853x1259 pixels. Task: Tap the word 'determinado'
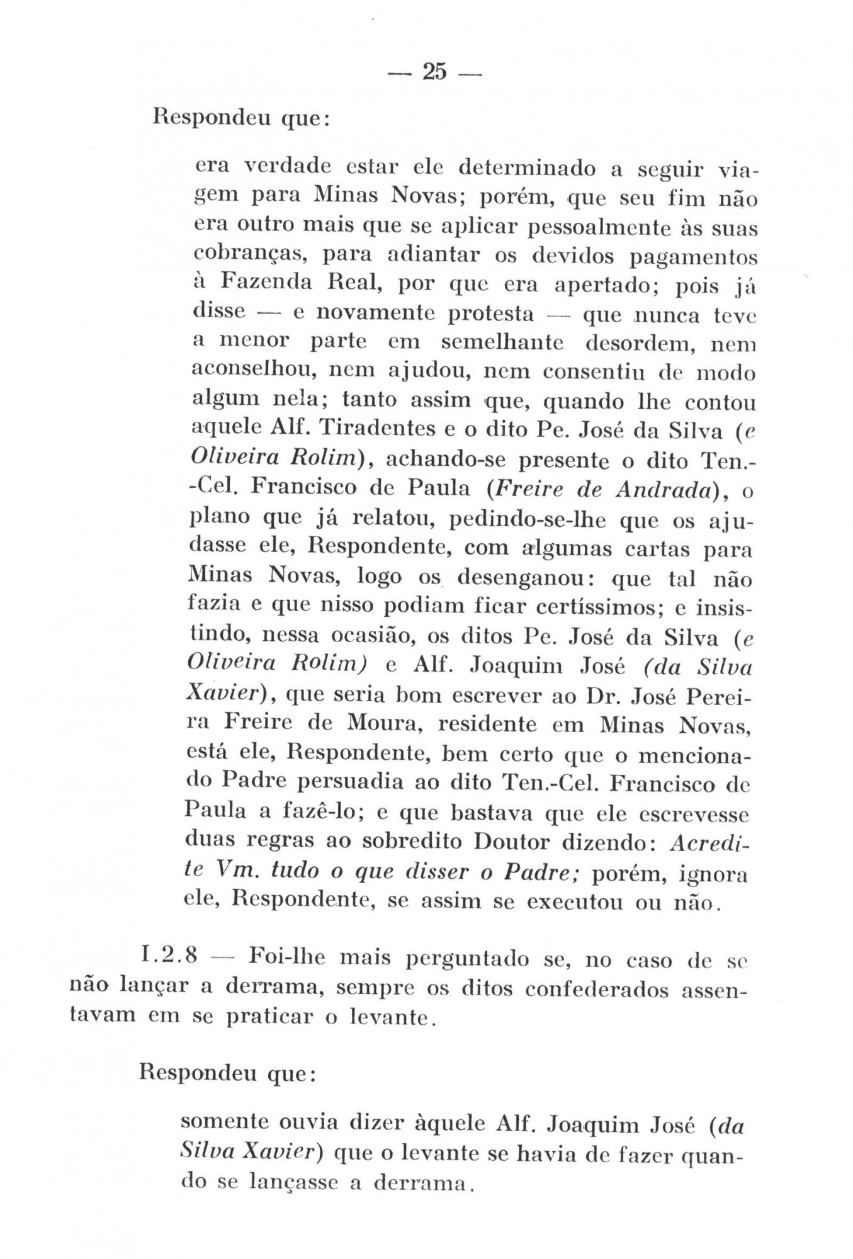[x=527, y=168]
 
